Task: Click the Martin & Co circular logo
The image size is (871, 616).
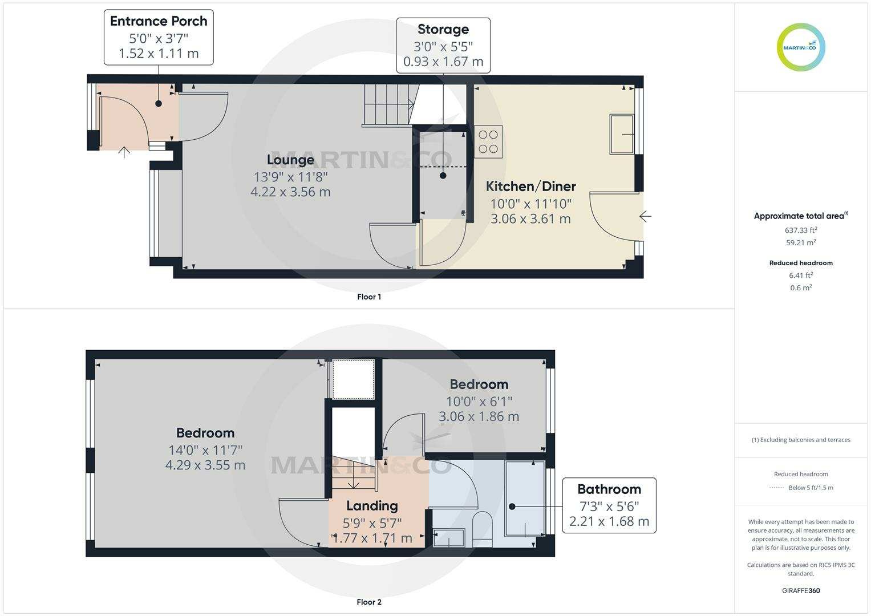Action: [x=800, y=47]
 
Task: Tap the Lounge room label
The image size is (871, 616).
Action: [x=290, y=160]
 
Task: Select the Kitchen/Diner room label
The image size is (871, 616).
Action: [x=530, y=186]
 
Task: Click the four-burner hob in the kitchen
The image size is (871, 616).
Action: [x=488, y=141]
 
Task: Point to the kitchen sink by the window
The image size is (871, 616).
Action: [x=622, y=134]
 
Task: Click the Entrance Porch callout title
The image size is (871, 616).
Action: [x=159, y=21]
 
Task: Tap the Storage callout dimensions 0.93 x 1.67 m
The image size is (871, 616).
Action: [x=443, y=62]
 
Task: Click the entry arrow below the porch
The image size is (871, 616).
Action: [x=124, y=152]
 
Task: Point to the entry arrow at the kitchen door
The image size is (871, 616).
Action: [x=645, y=216]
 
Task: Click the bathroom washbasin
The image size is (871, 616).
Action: [x=449, y=537]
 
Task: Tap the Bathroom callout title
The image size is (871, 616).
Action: [x=609, y=489]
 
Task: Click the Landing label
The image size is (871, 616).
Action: [x=372, y=506]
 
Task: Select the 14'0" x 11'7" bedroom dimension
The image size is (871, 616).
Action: [x=205, y=450]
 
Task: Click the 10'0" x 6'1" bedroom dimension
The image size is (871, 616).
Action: [x=479, y=402]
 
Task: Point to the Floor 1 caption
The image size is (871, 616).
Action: [x=369, y=297]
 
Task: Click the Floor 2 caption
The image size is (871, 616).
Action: [x=369, y=602]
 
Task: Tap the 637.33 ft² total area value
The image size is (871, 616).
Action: [x=801, y=230]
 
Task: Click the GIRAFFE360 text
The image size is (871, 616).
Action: [x=801, y=590]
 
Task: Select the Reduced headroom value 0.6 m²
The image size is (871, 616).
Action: [x=801, y=288]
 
